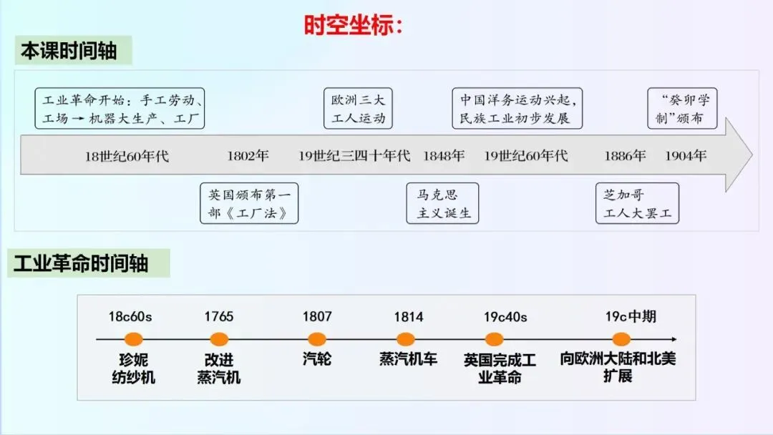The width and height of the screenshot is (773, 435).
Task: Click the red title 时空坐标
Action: tap(354, 25)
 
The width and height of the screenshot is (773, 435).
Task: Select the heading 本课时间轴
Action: tap(68, 52)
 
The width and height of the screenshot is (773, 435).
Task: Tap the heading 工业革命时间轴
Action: tap(81, 263)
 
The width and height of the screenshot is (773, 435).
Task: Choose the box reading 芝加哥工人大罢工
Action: tap(637, 203)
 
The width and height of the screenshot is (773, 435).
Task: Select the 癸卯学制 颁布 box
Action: tap(681, 109)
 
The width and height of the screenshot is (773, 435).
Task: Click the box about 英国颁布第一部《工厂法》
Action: tap(248, 203)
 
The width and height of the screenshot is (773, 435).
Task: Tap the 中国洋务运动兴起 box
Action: tap(517, 109)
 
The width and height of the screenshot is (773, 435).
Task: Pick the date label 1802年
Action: tap(248, 155)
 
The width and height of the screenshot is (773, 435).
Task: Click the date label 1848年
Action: tap(443, 155)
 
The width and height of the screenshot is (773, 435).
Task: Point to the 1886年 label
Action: tap(625, 155)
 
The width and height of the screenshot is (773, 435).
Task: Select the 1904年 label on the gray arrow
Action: tap(685, 155)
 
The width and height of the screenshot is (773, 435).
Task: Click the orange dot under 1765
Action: tap(219, 339)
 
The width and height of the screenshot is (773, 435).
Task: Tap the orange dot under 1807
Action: tap(317, 339)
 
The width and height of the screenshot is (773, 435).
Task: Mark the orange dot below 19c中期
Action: tap(621, 339)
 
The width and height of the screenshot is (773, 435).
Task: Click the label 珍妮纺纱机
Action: tap(134, 368)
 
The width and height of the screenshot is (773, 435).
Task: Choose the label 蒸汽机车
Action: tap(408, 359)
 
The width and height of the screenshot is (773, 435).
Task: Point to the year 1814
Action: tap(408, 316)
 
